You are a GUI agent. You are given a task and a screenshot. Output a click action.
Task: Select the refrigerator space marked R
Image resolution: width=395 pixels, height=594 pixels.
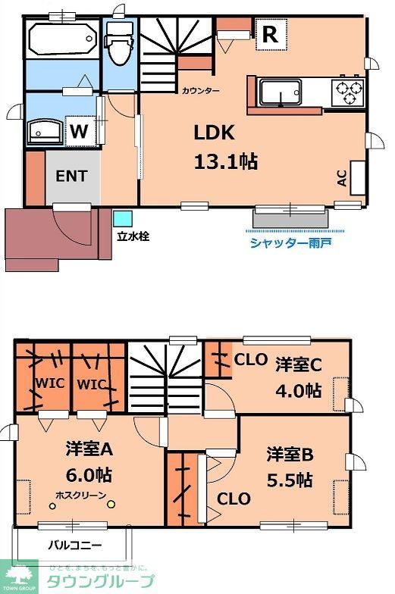coord(269,33)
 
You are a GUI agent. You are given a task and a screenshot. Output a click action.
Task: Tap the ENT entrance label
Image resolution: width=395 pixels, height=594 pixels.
coord(72,176)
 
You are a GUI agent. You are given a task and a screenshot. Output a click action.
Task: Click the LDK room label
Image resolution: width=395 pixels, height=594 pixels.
coord(215,133)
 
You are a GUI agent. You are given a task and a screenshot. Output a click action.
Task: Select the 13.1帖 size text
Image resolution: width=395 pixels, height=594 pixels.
coord(224,161)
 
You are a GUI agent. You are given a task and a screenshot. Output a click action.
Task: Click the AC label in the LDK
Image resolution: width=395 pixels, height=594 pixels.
coord(342,178)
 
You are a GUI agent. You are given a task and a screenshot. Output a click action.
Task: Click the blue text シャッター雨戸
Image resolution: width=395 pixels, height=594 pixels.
coord(290,242)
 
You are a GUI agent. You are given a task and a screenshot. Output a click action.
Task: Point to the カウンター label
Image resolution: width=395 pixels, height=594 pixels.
coord(200,91)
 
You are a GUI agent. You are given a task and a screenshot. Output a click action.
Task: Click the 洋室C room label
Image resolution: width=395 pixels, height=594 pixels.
coord(299,364)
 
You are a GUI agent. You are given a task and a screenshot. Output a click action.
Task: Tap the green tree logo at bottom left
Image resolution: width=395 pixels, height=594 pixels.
coord(21,575)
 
